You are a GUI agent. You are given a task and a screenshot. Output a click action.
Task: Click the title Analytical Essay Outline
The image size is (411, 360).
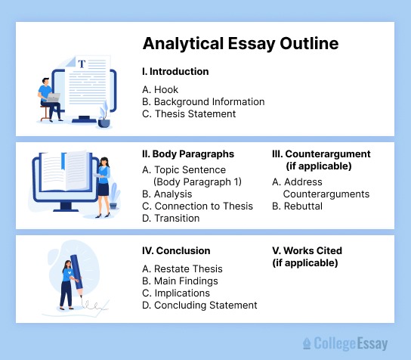pyautogui.click(x=240, y=43)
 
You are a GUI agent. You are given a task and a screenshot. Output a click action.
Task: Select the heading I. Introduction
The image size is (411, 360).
pyautogui.click(x=175, y=72)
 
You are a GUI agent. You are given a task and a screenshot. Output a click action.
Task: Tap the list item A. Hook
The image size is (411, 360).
pyautogui.click(x=160, y=89)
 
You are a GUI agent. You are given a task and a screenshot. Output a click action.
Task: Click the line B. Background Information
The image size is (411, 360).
pyautogui.click(x=203, y=101)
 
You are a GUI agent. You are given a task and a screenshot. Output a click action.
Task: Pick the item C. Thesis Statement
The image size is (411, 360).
pyautogui.click(x=189, y=113)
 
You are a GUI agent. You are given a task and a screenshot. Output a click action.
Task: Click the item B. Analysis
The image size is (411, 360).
pyautogui.click(x=167, y=194)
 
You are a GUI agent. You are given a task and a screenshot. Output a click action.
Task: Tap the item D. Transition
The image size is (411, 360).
pyautogui.click(x=171, y=218)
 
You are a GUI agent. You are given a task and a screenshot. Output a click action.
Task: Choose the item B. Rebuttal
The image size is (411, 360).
pyautogui.click(x=297, y=206)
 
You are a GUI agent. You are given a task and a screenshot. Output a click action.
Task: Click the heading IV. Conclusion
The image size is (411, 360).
pyautogui.click(x=176, y=250)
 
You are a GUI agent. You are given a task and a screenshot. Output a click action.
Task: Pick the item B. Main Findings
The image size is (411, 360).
pyautogui.click(x=180, y=281)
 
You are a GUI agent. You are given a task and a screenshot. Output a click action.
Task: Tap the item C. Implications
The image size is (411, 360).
pyautogui.click(x=176, y=293)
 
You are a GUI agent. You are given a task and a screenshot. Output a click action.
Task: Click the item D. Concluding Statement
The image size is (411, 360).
pyautogui.click(x=199, y=305)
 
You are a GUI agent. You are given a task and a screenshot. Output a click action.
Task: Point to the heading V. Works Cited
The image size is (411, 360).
pyautogui.click(x=307, y=250)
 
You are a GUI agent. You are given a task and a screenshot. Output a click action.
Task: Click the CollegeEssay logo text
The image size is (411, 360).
pyautogui.click(x=350, y=343)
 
